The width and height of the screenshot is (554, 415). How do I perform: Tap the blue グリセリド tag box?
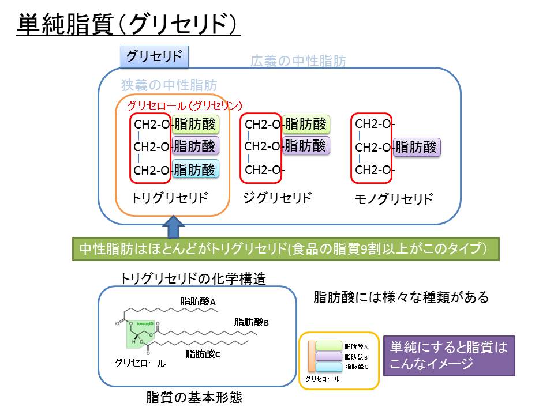click(154, 56)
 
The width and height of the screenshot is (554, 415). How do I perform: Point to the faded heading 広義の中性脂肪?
click(298, 61)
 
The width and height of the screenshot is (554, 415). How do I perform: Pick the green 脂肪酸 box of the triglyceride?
click(195, 124)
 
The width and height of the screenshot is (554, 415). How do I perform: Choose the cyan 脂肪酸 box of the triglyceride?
click(195, 169)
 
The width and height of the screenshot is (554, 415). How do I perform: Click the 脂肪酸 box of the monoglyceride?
click(417, 148)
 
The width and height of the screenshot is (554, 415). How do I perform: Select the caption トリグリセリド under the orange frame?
click(169, 198)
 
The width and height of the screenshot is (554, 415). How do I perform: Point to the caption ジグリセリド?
click(277, 198)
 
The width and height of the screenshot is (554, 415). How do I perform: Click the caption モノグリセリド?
click(392, 199)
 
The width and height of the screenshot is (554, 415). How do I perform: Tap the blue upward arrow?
click(175, 227)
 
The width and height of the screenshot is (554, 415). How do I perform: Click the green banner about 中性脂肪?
click(286, 250)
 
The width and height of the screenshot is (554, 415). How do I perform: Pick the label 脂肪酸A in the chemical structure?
click(198, 301)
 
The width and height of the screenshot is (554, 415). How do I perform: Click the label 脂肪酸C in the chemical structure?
click(203, 354)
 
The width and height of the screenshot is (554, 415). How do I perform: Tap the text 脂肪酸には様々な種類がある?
click(401, 297)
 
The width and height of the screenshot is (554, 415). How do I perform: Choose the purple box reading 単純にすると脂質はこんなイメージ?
click(448, 356)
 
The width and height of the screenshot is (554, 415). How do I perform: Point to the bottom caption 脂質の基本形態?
click(194, 398)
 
